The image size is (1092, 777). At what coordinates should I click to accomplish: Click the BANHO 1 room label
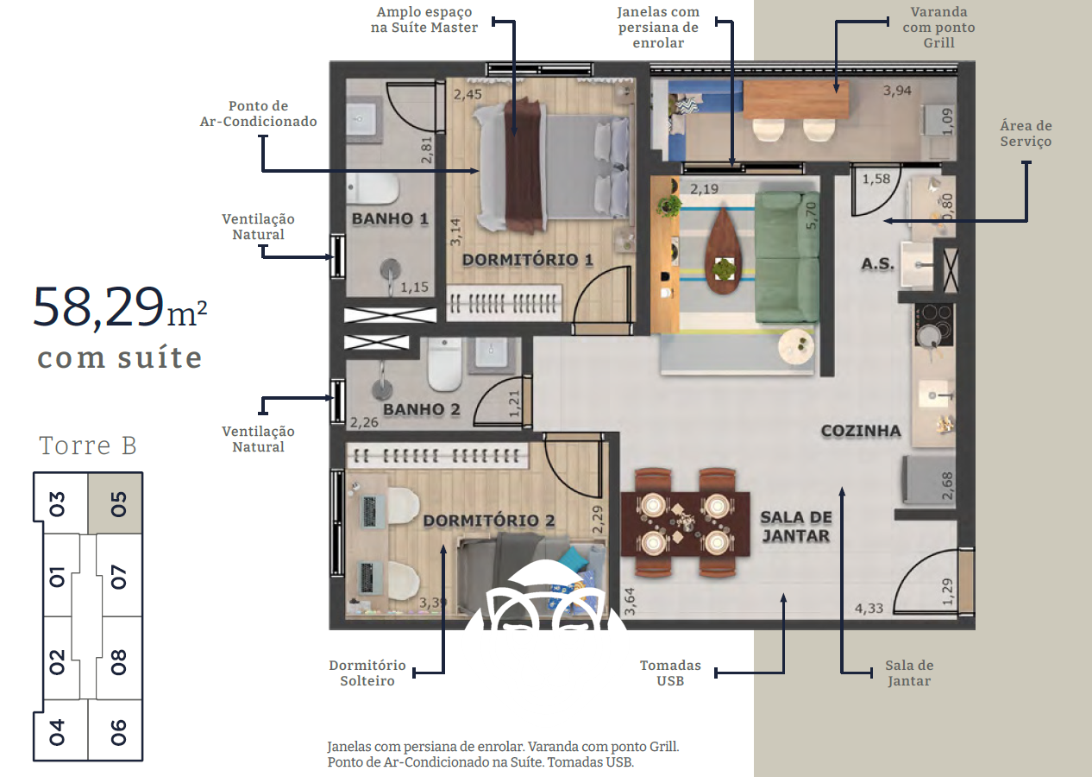(x=390, y=219)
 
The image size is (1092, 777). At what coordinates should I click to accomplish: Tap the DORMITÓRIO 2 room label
(x=489, y=521)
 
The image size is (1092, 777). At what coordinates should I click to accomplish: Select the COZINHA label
(x=861, y=431)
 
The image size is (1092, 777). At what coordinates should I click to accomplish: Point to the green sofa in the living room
(x=787, y=256)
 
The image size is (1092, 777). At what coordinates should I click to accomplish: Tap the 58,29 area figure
(x=98, y=307)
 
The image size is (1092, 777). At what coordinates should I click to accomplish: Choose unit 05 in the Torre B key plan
(x=116, y=502)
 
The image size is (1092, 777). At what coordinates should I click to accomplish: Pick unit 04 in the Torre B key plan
(x=58, y=731)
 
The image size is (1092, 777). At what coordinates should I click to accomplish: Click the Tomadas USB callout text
(x=670, y=673)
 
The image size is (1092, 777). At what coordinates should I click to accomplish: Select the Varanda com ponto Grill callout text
(x=938, y=28)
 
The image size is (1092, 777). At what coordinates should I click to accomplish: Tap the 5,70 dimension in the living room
(x=811, y=216)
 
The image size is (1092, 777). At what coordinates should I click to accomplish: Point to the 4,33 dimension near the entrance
(x=869, y=609)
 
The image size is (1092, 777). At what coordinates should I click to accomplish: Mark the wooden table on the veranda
(x=795, y=99)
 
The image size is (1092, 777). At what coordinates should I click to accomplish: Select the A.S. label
(x=877, y=264)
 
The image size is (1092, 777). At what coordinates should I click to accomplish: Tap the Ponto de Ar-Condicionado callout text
(x=259, y=114)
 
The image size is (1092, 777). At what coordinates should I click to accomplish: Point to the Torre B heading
(x=88, y=445)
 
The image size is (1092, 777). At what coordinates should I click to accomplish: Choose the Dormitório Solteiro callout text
(x=367, y=673)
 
